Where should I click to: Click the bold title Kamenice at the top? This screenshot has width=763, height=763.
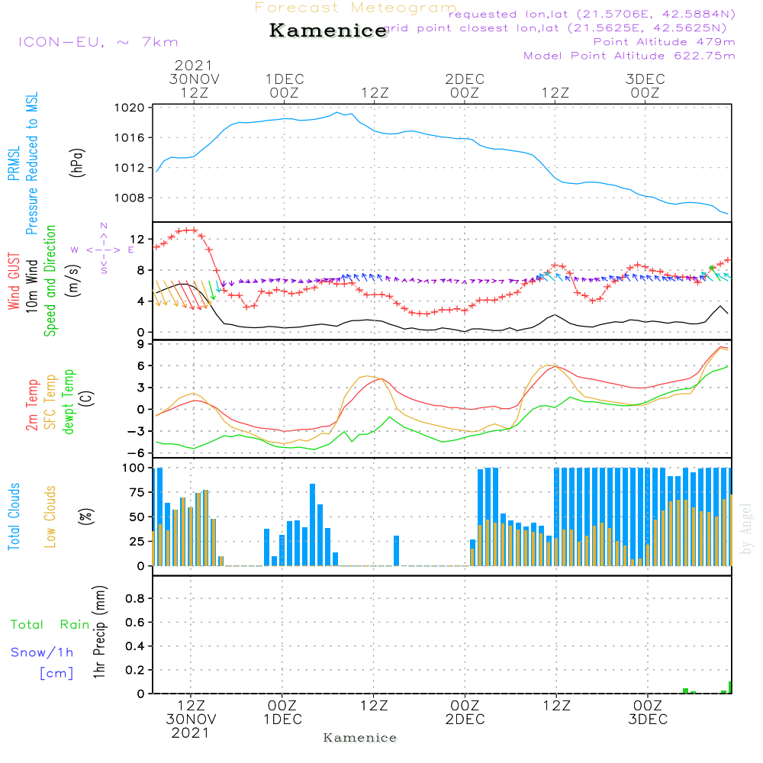tap(328, 31)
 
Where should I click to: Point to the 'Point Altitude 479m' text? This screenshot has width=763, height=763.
tap(664, 41)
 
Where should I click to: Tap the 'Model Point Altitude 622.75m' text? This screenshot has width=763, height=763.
tap(629, 56)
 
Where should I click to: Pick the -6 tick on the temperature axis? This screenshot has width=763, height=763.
tap(138, 452)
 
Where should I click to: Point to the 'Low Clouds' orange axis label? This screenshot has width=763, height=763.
tap(51, 517)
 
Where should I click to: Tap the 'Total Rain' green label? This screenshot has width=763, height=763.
tap(50, 625)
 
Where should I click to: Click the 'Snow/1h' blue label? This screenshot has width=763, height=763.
tap(42, 652)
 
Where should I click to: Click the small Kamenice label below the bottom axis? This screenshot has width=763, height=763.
tap(360, 738)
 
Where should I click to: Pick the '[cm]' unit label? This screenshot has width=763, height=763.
tap(56, 673)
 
